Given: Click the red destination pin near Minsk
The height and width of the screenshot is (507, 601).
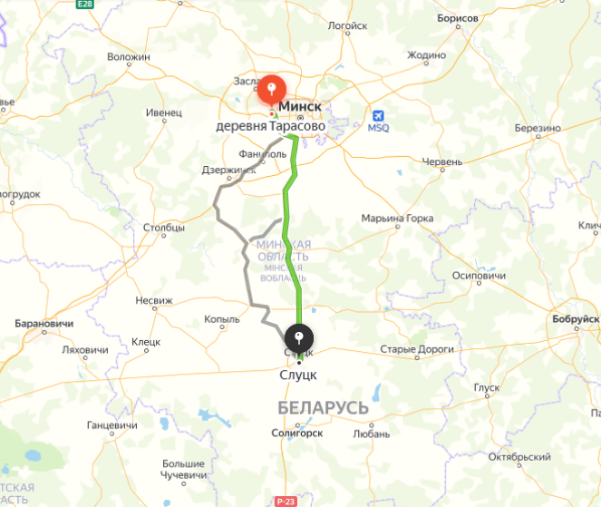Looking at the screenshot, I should click(271, 90).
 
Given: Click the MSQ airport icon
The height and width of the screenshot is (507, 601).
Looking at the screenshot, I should click(379, 116).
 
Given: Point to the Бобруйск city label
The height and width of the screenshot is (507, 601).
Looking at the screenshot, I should click(576, 319).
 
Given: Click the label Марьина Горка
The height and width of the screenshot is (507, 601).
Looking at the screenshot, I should click(397, 219).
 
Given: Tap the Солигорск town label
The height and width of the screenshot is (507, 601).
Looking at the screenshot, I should click(297, 433).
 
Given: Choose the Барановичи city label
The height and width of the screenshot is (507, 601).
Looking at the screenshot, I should click(44, 323).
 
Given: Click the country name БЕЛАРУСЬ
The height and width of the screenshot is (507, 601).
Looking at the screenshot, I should click(324, 407).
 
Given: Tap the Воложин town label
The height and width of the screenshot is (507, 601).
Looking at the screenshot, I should click(128, 56).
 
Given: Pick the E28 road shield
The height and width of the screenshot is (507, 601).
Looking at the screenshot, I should click(85, 5).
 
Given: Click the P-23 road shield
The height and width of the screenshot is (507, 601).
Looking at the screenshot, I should click(286, 501).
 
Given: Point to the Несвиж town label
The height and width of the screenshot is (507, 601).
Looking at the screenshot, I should click(153, 300).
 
